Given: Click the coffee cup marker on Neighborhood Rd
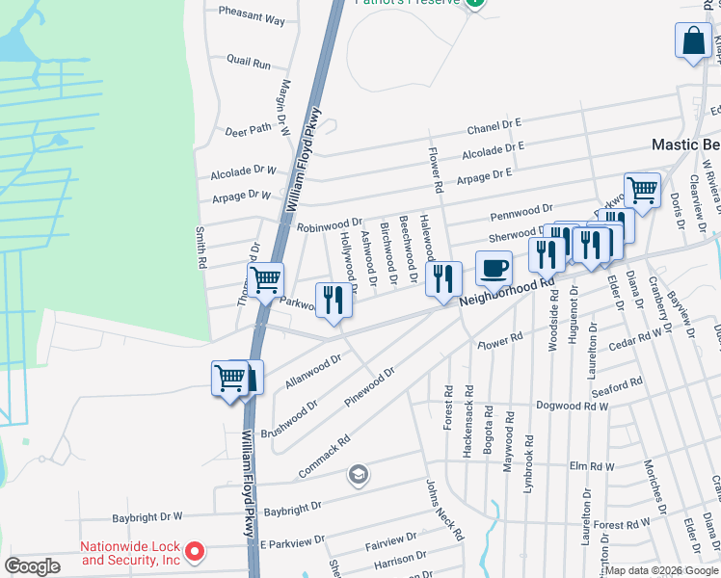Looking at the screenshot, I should (494, 268).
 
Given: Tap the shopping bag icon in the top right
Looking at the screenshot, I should (694, 41).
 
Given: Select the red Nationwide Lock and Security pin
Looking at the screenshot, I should (195, 552).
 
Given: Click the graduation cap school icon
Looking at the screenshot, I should (359, 474).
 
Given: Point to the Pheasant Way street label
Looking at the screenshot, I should (252, 19).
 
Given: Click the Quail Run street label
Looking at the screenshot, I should (249, 62).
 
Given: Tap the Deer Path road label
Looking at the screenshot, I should (248, 130).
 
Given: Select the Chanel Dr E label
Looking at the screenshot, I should (494, 125).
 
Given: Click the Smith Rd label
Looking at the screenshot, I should (201, 248).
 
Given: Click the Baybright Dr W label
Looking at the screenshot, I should (147, 517).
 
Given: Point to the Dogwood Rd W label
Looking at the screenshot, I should (573, 407).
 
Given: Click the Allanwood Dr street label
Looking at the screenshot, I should (314, 371).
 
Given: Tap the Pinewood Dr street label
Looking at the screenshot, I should (369, 384).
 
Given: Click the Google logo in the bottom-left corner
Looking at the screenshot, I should (32, 565).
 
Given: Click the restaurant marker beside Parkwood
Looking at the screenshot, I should (334, 300).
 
